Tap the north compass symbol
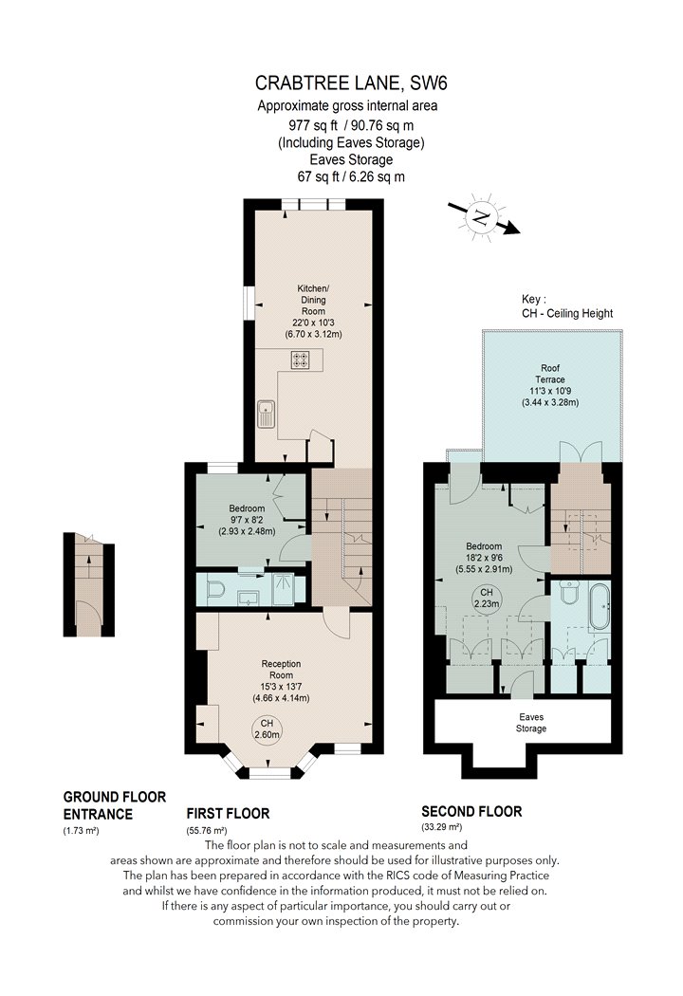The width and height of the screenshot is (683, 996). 482,217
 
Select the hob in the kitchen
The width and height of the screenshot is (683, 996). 300,360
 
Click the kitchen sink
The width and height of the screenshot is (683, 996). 267,414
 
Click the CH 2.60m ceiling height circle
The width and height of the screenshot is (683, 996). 267,729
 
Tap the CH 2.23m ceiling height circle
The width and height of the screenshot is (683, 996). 486,599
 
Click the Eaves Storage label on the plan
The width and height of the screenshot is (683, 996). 531,723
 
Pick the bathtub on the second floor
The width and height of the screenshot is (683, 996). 600,607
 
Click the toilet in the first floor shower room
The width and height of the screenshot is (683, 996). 215,591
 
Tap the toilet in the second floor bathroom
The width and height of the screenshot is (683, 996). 569,592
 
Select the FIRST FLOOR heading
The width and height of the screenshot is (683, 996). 228,813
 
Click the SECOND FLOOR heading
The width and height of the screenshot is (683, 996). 471,811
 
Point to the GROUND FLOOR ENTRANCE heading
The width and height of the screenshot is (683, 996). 115,805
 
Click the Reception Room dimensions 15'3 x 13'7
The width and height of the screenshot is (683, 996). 281,687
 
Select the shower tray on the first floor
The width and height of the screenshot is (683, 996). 284,589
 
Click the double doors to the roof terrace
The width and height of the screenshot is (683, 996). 581,452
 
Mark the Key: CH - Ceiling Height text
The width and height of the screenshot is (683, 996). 567,305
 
